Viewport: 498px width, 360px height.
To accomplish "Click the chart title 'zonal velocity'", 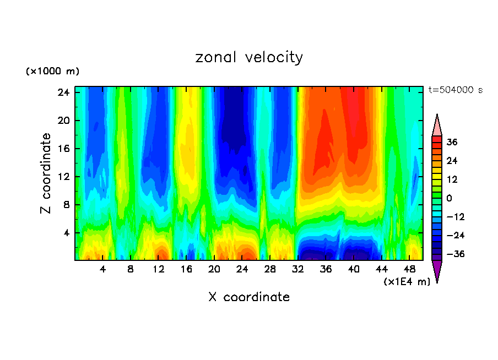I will coord(249,57).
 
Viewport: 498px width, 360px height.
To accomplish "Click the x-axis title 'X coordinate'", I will coord(249,297).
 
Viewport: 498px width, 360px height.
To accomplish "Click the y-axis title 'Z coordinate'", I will coord(46,173).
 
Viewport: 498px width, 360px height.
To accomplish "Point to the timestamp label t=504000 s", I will coord(455,90).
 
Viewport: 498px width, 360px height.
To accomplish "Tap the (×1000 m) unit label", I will coord(52,72).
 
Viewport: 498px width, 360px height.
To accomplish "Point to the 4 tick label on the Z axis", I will coord(67,233).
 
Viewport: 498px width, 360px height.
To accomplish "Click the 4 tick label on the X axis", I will coord(103,269).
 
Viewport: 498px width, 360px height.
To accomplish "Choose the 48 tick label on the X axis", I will coord(410,269).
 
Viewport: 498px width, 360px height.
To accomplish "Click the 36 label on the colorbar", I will coord(452,142).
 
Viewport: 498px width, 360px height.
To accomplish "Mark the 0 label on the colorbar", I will coord(449,198).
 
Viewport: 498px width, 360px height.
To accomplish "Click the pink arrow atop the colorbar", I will coord(437,126).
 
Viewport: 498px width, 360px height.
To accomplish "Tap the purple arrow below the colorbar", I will coord(437,270).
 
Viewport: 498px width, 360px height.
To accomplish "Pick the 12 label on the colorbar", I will coord(452,179).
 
